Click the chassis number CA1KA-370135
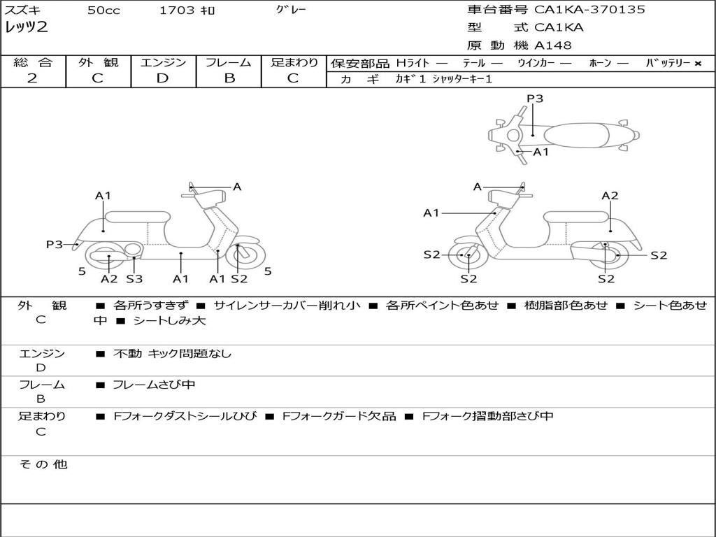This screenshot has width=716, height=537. [x=589, y=10]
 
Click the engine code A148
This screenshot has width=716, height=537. [x=552, y=45]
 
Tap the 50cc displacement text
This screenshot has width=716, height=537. [x=103, y=10]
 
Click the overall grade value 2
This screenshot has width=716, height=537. [x=32, y=78]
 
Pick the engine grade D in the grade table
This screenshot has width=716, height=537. [x=162, y=78]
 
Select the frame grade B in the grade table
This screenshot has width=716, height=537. [x=229, y=78]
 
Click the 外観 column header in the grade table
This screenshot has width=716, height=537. [x=98, y=63]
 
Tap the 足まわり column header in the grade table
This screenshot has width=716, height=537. [x=294, y=63]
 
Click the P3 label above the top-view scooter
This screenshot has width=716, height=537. [x=535, y=99]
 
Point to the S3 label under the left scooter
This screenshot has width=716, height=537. [x=134, y=279]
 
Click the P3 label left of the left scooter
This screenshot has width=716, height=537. [x=55, y=245]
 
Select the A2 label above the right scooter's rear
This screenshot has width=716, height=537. [x=610, y=196]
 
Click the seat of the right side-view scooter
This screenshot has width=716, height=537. [x=575, y=216]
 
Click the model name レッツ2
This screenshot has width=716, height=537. [x=27, y=28]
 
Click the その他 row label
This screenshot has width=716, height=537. [x=43, y=464]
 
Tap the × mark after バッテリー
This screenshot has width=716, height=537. [x=698, y=63]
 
